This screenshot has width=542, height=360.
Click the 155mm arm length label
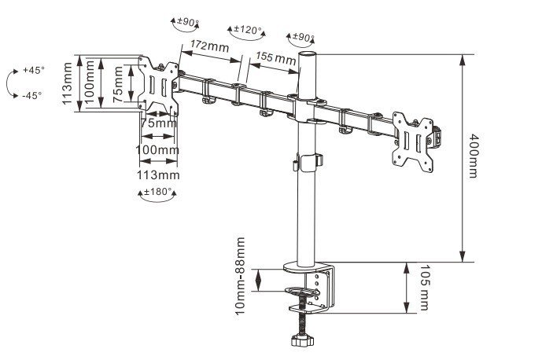pyautogui.click(x=275, y=58)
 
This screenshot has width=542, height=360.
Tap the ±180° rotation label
pyautogui.click(x=157, y=191)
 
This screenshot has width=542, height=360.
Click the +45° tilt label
pyautogui.click(x=33, y=70)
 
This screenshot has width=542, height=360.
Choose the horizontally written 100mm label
pyautogui.click(x=157, y=149)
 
